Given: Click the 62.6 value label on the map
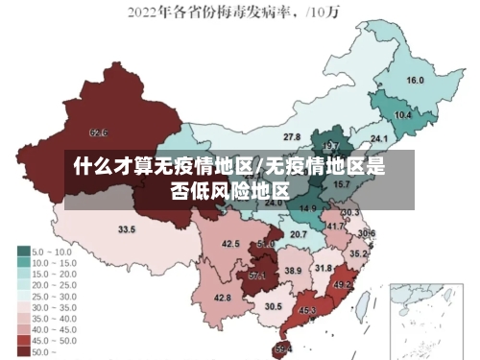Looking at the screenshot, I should pos(98,132).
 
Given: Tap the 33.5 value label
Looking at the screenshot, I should pos(127,229).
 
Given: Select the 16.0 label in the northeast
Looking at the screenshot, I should pos(415,80).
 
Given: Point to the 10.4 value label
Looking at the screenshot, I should pos(403,114).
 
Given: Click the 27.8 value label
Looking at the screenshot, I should pos(292,137).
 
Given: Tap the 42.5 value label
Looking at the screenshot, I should pos(230,244).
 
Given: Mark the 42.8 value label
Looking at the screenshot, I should pos(223,298).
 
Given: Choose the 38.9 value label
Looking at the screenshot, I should pos(293,271).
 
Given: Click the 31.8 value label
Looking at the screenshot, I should pos(324,268).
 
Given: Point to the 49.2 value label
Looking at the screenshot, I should pos(343,285).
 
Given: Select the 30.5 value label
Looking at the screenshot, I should pos(274,306).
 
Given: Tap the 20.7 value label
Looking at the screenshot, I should pos(299,234).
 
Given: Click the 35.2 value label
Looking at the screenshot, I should pos(358,253).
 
